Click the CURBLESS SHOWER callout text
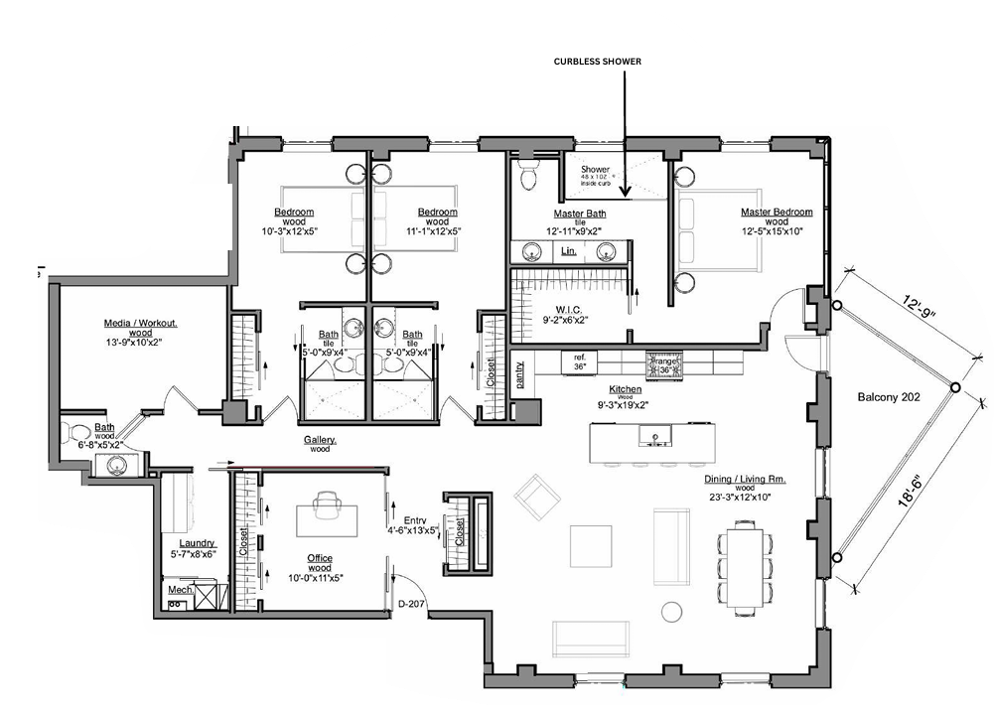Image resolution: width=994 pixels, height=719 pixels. pyautogui.click(x=597, y=61)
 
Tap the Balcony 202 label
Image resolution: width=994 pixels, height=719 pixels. pyautogui.click(x=889, y=397)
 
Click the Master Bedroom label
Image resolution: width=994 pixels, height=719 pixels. pyautogui.click(x=776, y=212)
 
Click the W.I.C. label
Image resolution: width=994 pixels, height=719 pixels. pyautogui.click(x=565, y=308)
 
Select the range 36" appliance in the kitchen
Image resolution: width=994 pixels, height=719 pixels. pyautogui.click(x=664, y=365)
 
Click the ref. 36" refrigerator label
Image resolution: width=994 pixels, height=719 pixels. pyautogui.click(x=580, y=360)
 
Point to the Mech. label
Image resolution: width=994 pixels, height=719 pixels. pyautogui.click(x=180, y=590)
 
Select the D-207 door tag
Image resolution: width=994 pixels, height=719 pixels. pyautogui.click(x=411, y=603)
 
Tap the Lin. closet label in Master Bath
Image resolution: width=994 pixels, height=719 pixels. pyautogui.click(x=569, y=252)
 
